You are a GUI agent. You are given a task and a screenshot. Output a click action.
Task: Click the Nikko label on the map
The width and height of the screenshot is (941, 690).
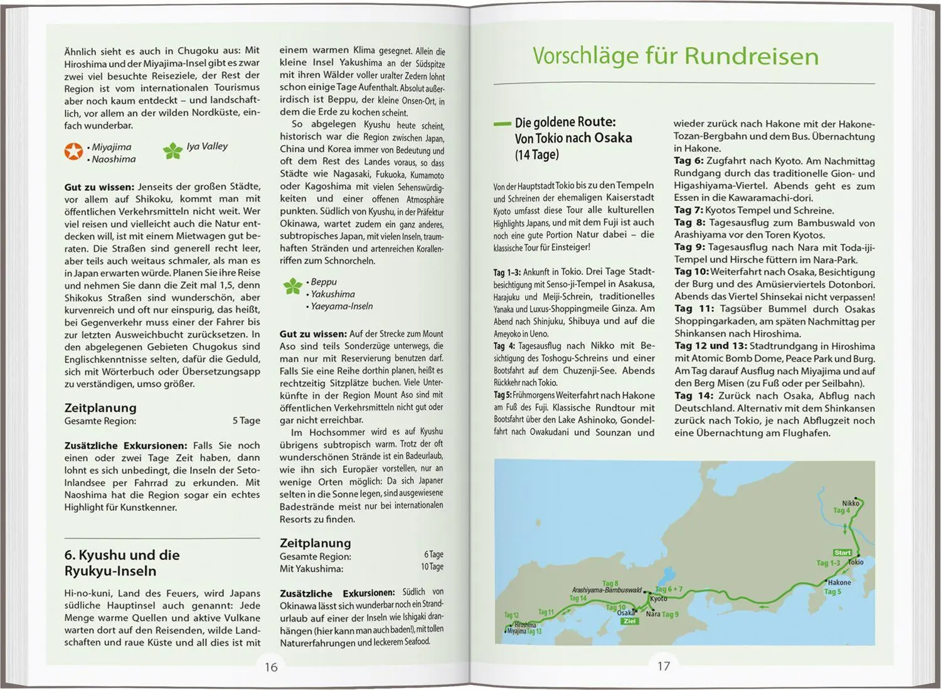pyautogui.click(x=850, y=503)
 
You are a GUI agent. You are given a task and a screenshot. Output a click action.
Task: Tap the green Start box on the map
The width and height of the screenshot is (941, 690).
pyautogui.click(x=842, y=553)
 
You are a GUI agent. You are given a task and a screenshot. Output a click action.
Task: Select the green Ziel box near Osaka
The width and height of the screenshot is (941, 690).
pyautogui.click(x=629, y=621)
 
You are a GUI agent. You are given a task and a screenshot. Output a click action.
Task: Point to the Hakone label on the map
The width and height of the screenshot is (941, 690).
pyautogui.click(x=839, y=582)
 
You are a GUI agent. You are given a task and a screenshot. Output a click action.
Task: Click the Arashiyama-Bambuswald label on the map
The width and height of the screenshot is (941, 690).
pyautogui.click(x=607, y=590)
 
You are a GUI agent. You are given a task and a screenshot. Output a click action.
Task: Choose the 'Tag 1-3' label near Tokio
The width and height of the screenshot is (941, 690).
pyautogui.click(x=828, y=563)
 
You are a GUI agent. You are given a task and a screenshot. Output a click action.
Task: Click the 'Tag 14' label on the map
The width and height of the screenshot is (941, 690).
pyautogui.click(x=578, y=598)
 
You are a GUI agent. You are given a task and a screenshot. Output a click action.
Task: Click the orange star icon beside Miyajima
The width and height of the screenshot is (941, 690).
pyautogui.click(x=73, y=151)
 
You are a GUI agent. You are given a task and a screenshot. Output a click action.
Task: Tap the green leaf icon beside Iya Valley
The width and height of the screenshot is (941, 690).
pyautogui.click(x=173, y=150)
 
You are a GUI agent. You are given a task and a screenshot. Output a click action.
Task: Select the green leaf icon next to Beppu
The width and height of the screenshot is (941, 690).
pyautogui.click(x=292, y=286)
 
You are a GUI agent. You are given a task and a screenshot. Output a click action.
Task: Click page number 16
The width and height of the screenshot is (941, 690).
pyautogui.click(x=271, y=667)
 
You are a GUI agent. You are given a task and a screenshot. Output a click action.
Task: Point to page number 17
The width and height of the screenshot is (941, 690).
pyautogui.click(x=664, y=666)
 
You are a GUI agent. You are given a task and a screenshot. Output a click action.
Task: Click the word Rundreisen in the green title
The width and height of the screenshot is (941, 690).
pyautogui.click(x=752, y=56)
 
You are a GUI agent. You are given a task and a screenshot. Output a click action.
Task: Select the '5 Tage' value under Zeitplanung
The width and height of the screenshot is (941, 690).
pyautogui.click(x=246, y=421)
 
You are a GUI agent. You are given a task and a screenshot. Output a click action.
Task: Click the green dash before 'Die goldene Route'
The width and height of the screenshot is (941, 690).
pyautogui.click(x=502, y=124)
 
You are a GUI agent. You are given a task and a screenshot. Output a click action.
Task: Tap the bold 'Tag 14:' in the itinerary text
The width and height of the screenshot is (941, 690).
pyautogui.click(x=694, y=396)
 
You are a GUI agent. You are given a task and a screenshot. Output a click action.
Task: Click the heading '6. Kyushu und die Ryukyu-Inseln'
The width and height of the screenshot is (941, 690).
pyautogui.click(x=122, y=563)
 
